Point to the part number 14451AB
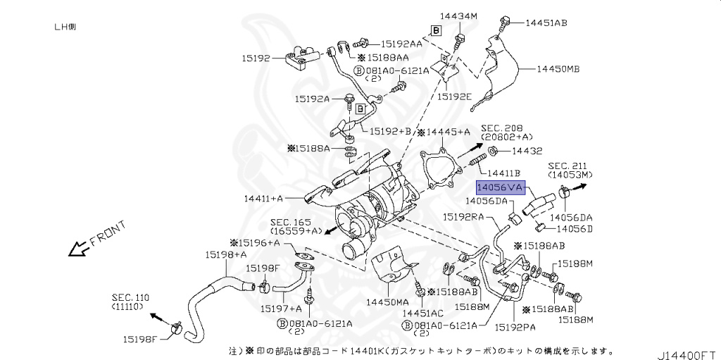pos(546,23)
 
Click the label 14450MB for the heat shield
pos(558,69)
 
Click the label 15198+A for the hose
pos(225,254)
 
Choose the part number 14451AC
pos(422,312)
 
